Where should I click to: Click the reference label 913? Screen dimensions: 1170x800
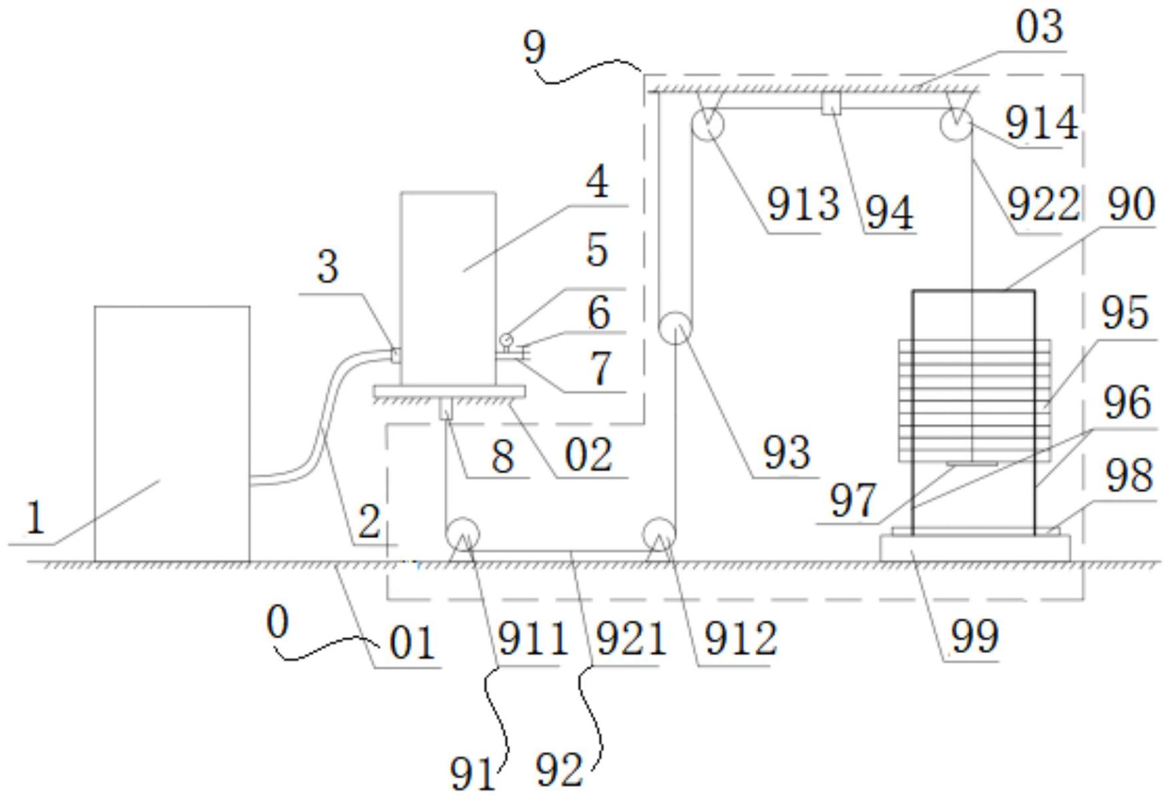click(x=802, y=204)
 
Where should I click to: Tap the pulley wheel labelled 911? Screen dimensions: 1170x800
click(x=462, y=534)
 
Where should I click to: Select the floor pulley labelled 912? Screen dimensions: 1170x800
click(x=659, y=534)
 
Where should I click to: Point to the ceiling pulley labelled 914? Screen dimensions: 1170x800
click(x=956, y=124)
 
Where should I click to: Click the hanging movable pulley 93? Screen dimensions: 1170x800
click(x=676, y=327)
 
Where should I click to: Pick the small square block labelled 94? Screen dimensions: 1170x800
click(x=831, y=104)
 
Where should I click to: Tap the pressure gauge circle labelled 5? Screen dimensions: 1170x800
click(x=506, y=340)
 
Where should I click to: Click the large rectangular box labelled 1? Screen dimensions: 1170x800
click(x=172, y=434)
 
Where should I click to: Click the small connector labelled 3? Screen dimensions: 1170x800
click(x=395, y=355)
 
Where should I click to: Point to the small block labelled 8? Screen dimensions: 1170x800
click(x=445, y=408)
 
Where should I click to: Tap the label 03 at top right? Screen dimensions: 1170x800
click(x=1039, y=28)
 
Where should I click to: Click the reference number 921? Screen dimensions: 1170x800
click(x=631, y=639)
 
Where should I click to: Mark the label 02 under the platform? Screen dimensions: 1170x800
click(x=588, y=456)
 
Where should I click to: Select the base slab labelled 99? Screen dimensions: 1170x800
click(x=975, y=549)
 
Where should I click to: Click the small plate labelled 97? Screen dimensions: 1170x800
click(x=972, y=463)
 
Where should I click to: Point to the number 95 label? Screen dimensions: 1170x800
click(x=1125, y=313)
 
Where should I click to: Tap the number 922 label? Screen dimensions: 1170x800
click(x=1043, y=204)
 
